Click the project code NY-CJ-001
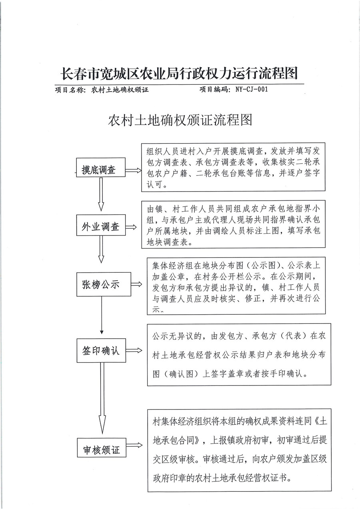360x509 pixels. (x=249, y=90)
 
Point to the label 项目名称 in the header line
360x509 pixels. (x=70, y=90)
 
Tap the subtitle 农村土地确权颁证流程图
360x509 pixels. (x=180, y=120)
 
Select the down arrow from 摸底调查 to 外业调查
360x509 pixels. (x=101, y=195)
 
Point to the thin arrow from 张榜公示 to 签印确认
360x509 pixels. (x=102, y=315)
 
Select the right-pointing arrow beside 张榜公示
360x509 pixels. (x=136, y=284)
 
